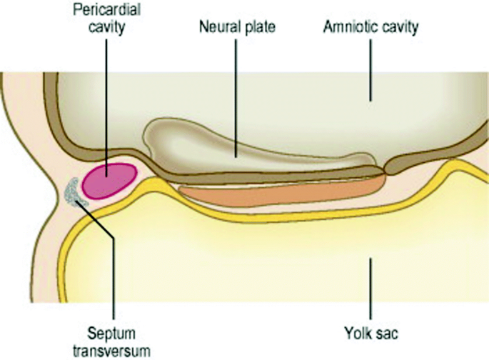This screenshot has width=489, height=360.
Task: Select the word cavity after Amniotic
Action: [398, 29]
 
